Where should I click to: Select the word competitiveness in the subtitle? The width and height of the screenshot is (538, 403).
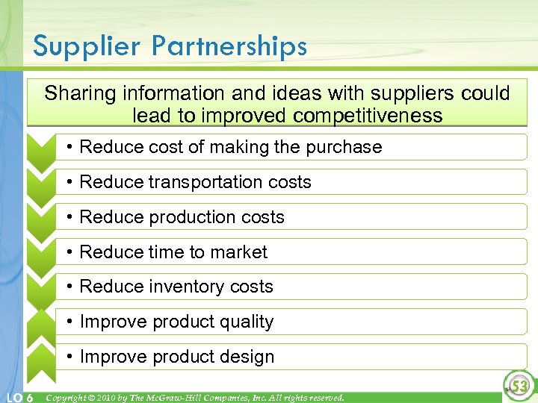coord(368,116)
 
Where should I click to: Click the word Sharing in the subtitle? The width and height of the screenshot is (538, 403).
coord(81,93)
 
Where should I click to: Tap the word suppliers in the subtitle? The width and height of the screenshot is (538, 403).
coord(420,93)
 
